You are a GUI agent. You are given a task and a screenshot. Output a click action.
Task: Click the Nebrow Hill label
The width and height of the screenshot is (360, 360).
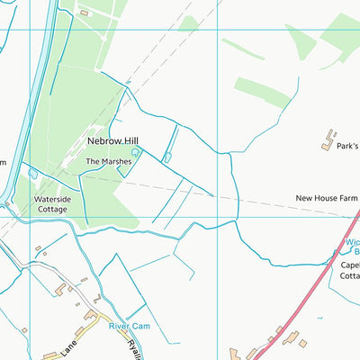[112, 141]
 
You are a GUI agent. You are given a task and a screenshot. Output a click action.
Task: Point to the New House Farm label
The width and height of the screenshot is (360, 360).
[327, 198]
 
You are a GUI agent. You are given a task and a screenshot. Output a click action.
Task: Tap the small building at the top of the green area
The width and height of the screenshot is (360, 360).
[84, 13]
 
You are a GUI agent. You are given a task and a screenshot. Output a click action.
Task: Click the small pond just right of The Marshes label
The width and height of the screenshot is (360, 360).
[136, 153]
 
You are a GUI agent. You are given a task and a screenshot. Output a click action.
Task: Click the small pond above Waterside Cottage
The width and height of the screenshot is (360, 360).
[33, 173]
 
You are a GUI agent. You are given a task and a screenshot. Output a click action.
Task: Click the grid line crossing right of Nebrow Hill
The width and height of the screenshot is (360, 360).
[218, 135]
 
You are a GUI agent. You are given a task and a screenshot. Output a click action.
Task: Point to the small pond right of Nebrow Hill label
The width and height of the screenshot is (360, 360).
[167, 157]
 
